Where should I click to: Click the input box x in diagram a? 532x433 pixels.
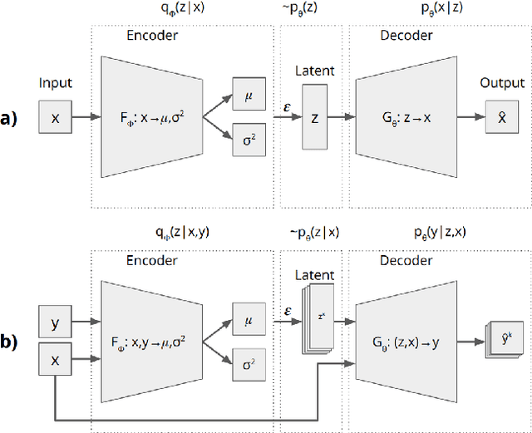click(x=56, y=119)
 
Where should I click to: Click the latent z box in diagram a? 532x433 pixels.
click(x=314, y=119)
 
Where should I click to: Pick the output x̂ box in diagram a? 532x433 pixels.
click(x=501, y=119)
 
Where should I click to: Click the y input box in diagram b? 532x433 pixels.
click(x=56, y=322)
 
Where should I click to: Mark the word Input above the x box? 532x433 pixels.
click(x=56, y=83)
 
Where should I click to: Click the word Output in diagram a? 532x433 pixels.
click(x=502, y=83)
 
